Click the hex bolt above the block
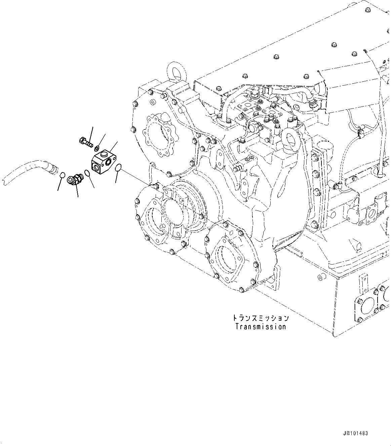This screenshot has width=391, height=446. pos(86,142)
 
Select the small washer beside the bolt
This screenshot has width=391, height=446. pos(97,147)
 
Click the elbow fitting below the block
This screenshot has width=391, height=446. pos(75,180)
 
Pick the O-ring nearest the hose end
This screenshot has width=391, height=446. pos(62,175)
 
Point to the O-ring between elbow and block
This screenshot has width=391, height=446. pos(87,173)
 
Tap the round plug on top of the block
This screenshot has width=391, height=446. pos(104,155)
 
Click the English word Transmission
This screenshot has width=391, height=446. pos(260,326)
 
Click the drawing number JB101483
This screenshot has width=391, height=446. pos(356,433)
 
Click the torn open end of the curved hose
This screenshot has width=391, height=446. pos(3,180)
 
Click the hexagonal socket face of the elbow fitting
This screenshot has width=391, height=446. pos(71,180)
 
